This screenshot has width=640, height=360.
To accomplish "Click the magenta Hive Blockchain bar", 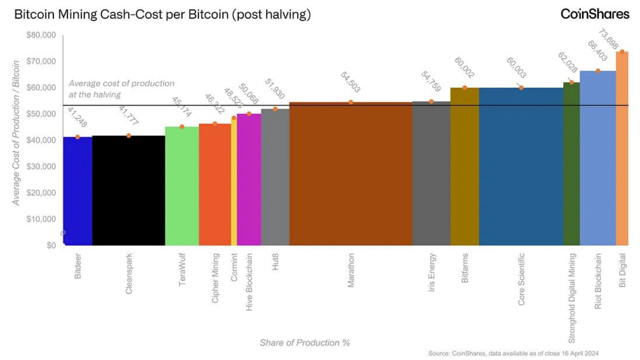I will point(249,179).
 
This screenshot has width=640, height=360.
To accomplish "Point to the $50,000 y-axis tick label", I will point(41,114).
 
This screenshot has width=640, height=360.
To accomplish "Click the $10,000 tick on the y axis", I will point(41,219).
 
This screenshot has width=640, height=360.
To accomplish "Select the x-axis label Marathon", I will point(351,270).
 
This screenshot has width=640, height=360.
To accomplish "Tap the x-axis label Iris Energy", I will point(432,272).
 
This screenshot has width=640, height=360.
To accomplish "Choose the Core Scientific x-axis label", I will point(521,279).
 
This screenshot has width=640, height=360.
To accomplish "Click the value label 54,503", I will point(350,82).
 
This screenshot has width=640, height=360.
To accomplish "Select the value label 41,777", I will point(128,116).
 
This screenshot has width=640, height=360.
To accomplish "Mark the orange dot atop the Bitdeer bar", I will point(77,137).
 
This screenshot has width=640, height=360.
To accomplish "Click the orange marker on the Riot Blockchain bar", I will point(597,71).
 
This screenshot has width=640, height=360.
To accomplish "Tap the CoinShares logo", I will point(594,14).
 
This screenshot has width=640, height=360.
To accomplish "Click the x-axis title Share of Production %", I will point(304,342).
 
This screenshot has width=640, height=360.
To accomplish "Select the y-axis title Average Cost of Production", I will point(16,132).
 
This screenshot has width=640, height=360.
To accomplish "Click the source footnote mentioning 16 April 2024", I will point(513,353).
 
